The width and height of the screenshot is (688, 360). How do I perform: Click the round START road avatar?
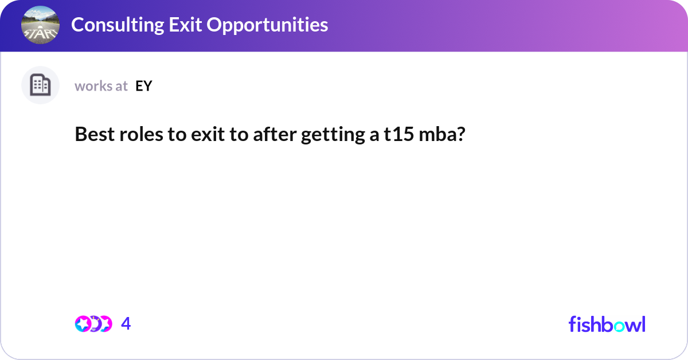(40, 25)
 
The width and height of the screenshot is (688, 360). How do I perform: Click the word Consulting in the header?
(118, 25)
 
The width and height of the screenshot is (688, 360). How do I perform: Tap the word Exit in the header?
(185, 25)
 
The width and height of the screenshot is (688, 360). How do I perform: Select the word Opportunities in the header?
(267, 25)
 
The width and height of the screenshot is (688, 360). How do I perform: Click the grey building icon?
(40, 85)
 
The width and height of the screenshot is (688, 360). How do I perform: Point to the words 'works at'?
(101, 86)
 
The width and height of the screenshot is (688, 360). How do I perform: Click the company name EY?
(144, 86)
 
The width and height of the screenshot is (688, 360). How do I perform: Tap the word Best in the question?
(95, 134)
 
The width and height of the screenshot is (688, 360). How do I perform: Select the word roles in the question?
(141, 135)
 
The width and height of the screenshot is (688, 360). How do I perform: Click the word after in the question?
(275, 135)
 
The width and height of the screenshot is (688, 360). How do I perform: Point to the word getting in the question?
(333, 135)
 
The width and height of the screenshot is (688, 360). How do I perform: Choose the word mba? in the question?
(442, 135)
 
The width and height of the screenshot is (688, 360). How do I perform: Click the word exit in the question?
(208, 135)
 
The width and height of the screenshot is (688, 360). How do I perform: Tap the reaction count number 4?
(126, 323)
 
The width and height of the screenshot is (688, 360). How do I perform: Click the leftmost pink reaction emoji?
(83, 324)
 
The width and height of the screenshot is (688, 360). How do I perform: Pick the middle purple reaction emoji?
(94, 324)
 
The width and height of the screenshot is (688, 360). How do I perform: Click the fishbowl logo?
(607, 324)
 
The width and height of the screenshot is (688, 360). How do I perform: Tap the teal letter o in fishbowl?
(619, 326)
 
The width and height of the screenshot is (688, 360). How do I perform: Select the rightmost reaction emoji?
(106, 324)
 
